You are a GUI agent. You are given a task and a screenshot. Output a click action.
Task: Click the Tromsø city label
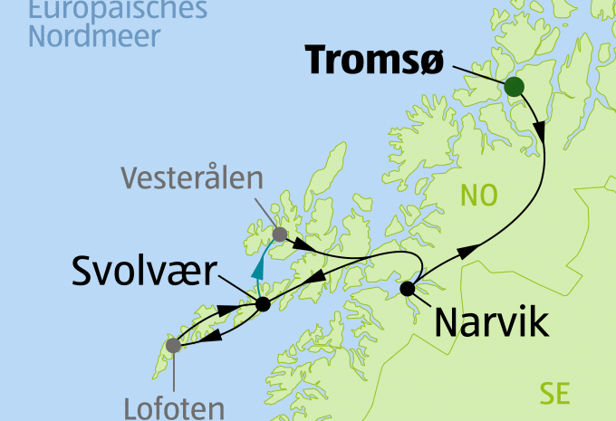coord(374,60)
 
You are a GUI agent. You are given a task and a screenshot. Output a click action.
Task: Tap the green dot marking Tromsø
coord(514,87)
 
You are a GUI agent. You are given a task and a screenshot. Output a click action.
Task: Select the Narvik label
coord(491,321)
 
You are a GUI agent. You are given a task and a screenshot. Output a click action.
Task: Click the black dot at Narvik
coord(407,289)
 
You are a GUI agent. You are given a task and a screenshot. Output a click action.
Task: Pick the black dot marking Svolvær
coord(263,304)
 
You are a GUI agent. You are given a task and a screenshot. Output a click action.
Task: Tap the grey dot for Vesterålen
coord(280,234)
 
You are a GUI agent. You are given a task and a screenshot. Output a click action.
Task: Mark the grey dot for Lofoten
coord(173,345)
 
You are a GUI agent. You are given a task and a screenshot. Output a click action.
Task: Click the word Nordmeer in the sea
coord(94,37)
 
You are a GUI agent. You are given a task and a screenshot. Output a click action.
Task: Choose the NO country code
coord(480,194)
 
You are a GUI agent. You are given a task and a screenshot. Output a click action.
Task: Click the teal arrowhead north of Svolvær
coord(259,267)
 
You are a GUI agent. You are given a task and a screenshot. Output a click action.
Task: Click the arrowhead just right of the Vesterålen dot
coord(305,245)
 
